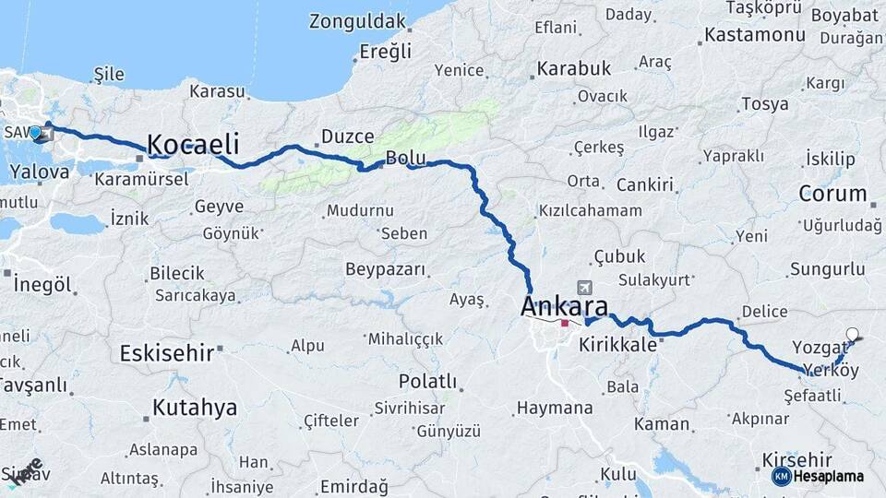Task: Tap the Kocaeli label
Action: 193,145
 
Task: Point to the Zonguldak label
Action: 357,21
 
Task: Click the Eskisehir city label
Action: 166,352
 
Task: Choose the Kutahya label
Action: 194,408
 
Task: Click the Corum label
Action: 832,195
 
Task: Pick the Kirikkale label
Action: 617,345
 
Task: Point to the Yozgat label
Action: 819,348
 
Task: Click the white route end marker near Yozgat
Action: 852,335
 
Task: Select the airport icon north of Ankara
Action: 583,288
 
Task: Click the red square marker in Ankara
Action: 564,324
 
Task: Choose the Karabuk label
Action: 574,68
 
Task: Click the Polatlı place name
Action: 427,381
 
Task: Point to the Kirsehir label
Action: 797,459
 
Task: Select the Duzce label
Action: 347,136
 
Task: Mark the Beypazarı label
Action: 386,269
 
